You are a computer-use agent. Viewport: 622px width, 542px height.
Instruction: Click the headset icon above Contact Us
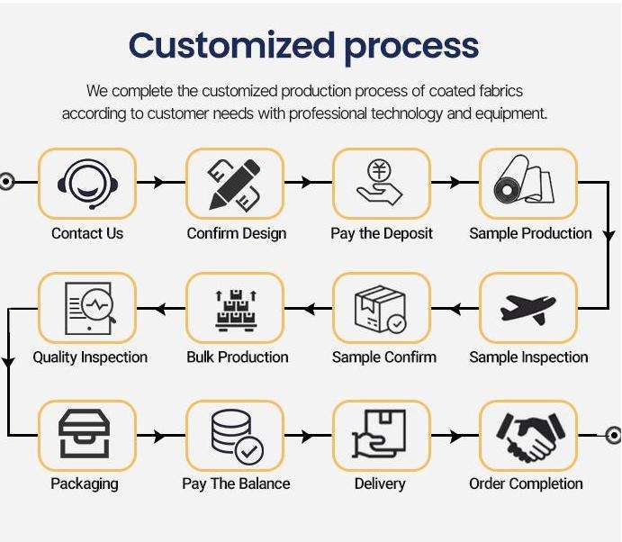click(x=87, y=183)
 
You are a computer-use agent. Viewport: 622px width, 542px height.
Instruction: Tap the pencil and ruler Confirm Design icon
click(x=235, y=183)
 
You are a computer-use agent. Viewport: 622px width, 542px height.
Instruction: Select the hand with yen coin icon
click(x=381, y=183)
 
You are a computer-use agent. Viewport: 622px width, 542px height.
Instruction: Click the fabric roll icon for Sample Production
click(x=527, y=183)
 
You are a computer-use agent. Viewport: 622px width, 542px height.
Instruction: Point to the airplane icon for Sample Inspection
click(x=527, y=309)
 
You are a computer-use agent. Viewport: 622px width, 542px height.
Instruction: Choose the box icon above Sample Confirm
click(x=381, y=309)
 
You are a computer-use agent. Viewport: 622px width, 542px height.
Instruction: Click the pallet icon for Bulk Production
click(x=235, y=309)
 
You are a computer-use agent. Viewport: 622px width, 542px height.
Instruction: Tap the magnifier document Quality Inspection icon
click(x=87, y=309)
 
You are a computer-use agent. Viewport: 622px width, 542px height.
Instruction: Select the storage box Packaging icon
click(x=87, y=435)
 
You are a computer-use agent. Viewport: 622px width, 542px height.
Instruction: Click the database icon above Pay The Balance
click(x=235, y=435)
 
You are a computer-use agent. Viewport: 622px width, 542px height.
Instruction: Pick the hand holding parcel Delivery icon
click(x=381, y=435)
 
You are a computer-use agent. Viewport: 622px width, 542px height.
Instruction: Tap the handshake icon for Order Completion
click(x=527, y=435)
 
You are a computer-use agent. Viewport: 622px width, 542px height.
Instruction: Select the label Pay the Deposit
click(x=382, y=233)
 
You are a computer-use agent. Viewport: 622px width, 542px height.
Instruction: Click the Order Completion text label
click(x=526, y=483)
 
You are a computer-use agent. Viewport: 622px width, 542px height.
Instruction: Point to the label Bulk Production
click(x=238, y=357)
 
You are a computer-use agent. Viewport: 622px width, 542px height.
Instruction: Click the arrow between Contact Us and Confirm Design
click(x=159, y=183)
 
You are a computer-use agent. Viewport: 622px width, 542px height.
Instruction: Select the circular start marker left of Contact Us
click(x=6, y=182)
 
